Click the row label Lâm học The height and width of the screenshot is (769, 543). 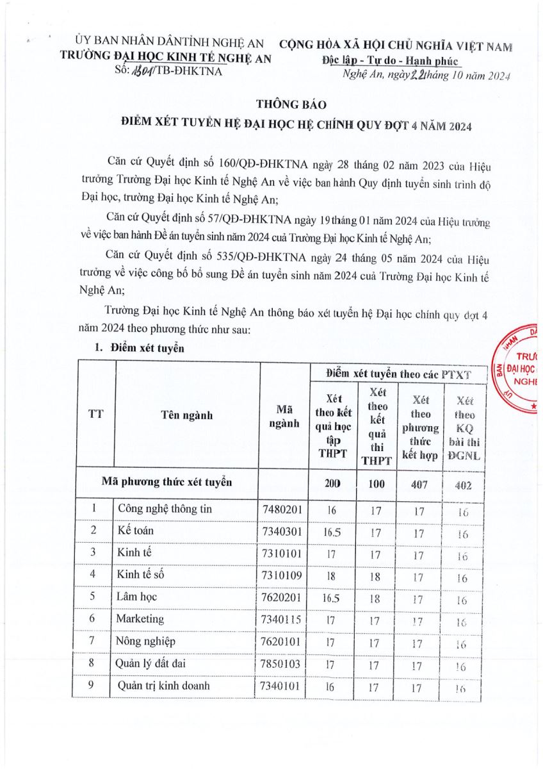[136, 597]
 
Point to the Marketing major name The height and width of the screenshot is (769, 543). [140, 619]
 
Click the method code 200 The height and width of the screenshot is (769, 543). [332, 484]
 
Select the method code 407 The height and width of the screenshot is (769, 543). [417, 484]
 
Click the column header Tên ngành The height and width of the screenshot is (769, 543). [187, 415]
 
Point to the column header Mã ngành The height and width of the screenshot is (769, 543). [284, 416]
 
